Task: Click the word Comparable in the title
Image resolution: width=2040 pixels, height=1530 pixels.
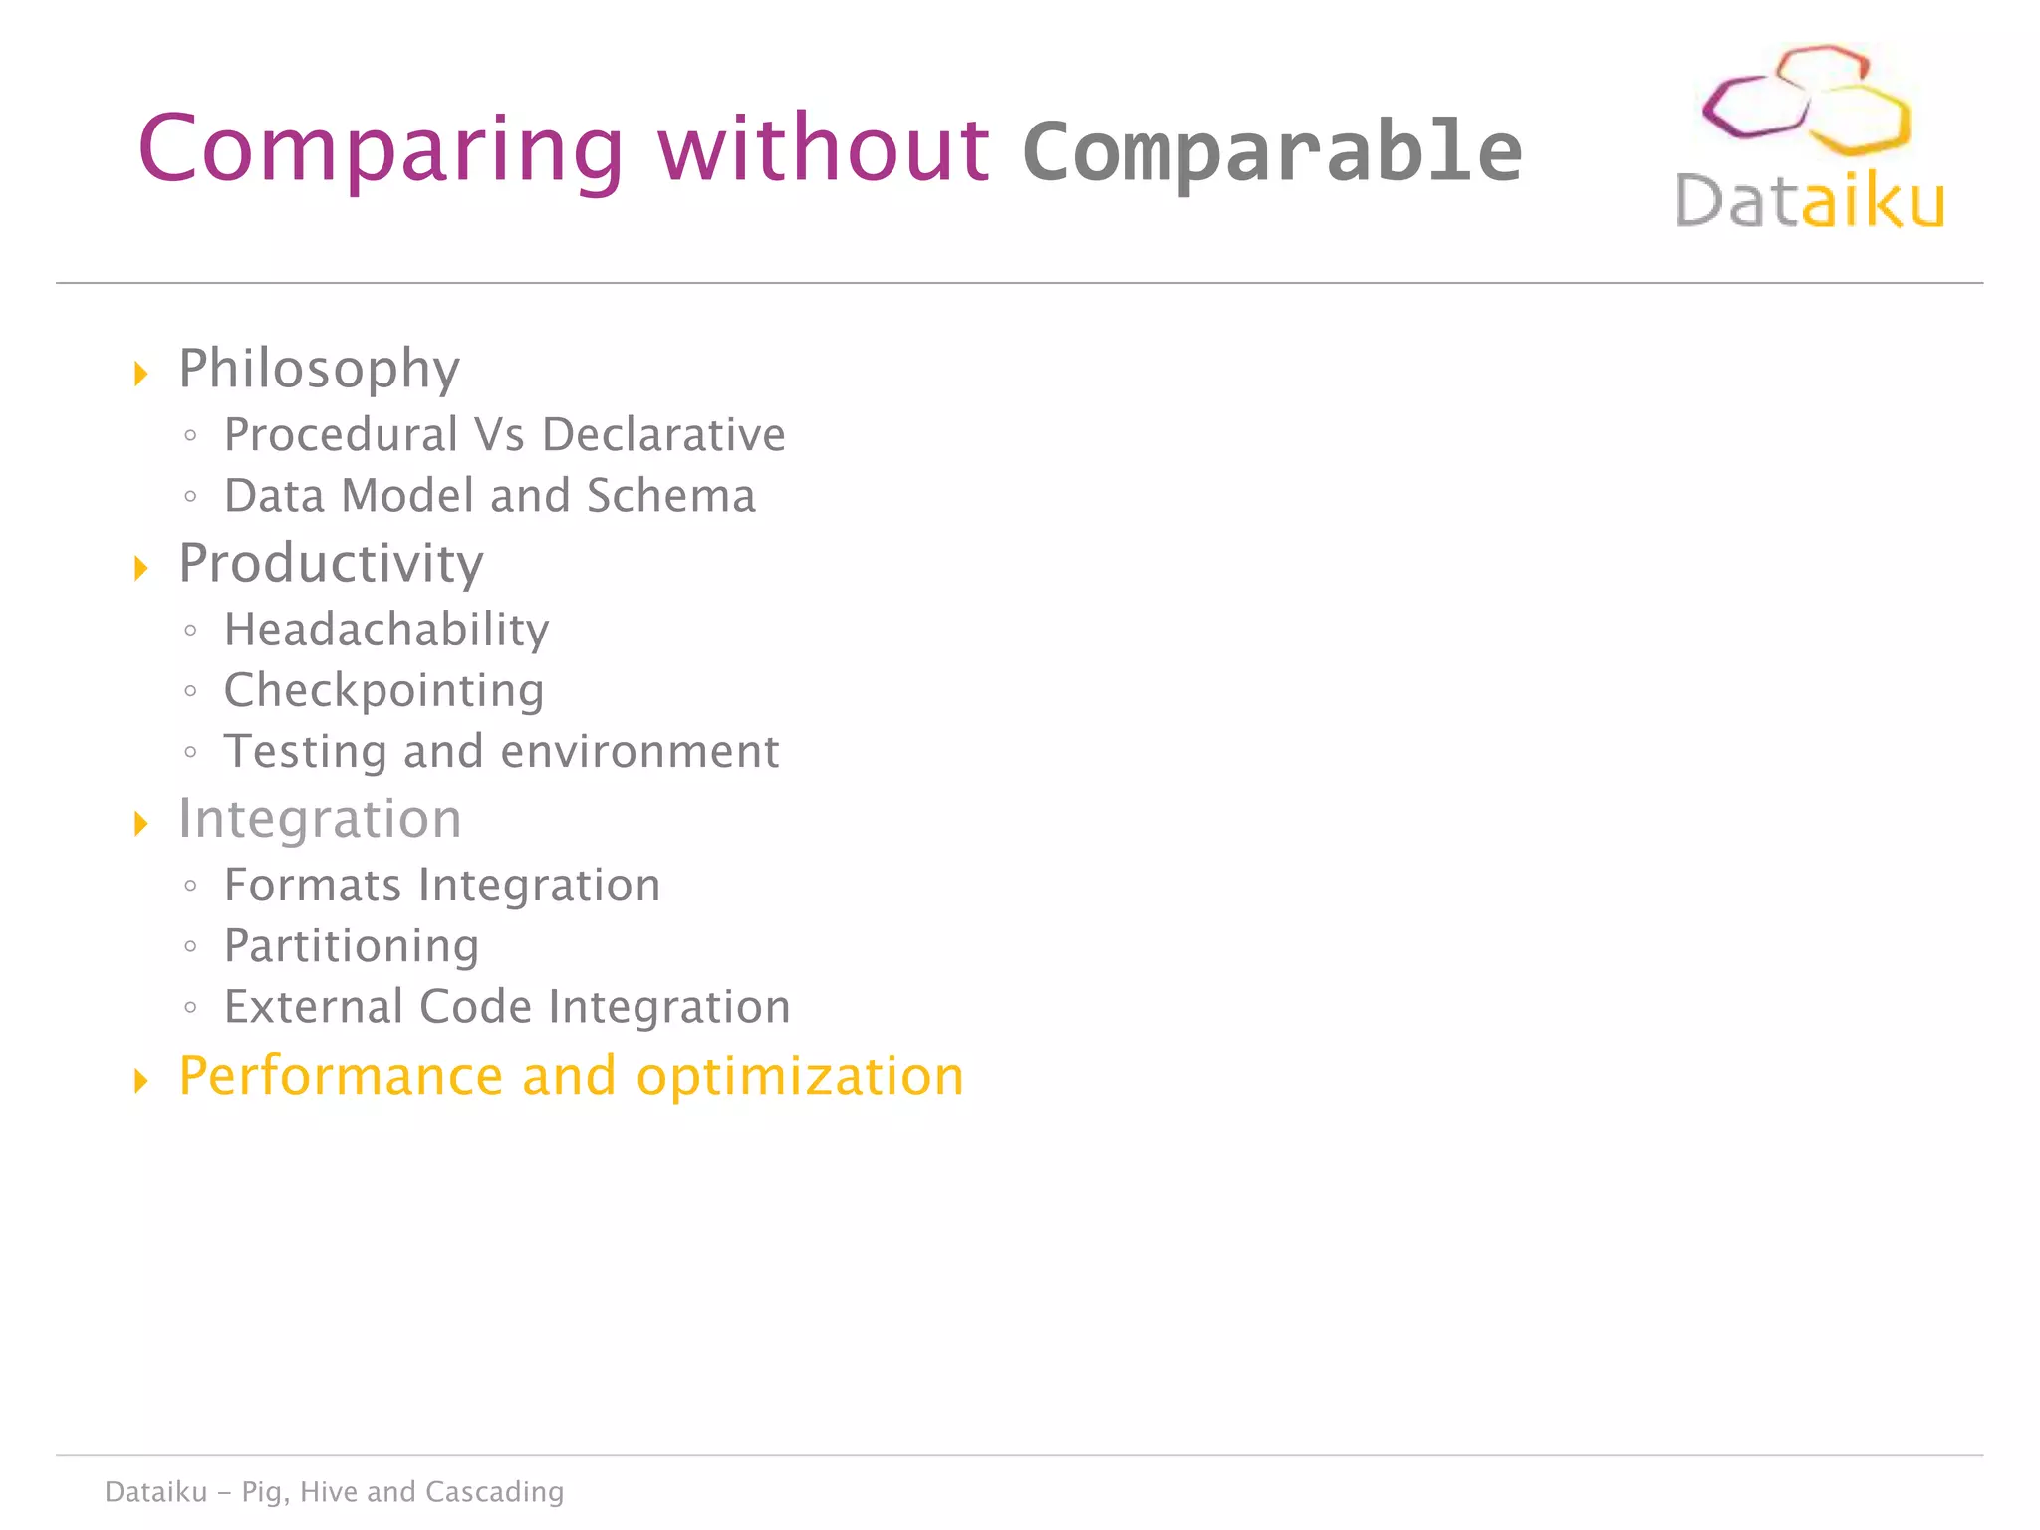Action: pyautogui.click(x=1272, y=151)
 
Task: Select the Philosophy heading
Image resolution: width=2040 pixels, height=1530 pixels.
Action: pyautogui.click(x=319, y=370)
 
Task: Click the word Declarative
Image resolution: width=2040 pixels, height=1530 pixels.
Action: pyautogui.click(x=663, y=435)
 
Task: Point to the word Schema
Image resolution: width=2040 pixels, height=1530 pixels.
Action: pyautogui.click(x=671, y=496)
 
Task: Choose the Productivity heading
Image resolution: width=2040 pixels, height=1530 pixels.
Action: pyautogui.click(x=331, y=564)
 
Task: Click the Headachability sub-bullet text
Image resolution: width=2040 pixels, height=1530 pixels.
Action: pyautogui.click(x=386, y=630)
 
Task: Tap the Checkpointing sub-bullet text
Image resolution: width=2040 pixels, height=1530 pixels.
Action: pyautogui.click(x=383, y=691)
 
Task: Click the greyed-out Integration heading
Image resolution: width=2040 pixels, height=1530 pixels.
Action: pyautogui.click(x=320, y=819)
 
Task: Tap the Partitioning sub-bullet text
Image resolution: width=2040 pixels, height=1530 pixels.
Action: pyautogui.click(x=352, y=946)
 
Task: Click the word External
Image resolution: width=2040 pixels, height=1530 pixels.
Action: pyautogui.click(x=312, y=1007)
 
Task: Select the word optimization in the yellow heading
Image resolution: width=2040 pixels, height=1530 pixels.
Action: pyautogui.click(x=800, y=1077)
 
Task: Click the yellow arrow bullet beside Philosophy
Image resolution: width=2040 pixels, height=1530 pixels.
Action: pyautogui.click(x=141, y=375)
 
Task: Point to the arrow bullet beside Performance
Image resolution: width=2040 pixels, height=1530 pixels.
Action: pyautogui.click(x=141, y=1081)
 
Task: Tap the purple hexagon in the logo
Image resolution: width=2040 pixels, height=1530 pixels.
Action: pyautogui.click(x=1753, y=108)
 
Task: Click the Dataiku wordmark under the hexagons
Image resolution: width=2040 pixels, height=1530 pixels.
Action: pyautogui.click(x=1809, y=201)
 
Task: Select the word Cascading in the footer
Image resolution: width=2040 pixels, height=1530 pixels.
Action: pyautogui.click(x=494, y=1492)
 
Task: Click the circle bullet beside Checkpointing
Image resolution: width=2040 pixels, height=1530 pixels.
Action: pyautogui.click(x=190, y=691)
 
